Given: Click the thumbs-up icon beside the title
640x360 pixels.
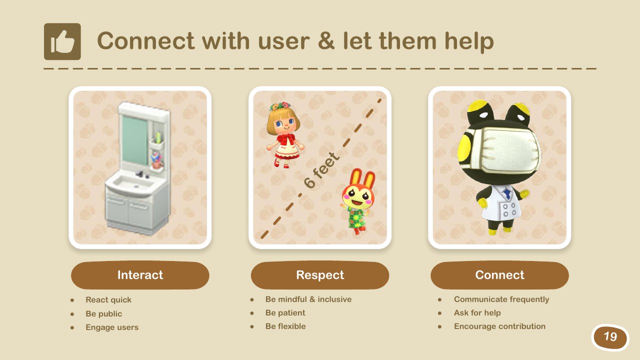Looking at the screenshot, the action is pyautogui.click(x=62, y=41).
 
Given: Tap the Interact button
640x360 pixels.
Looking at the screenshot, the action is pyautogui.click(x=140, y=275).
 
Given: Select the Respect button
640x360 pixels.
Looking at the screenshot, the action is pyautogui.click(x=320, y=275).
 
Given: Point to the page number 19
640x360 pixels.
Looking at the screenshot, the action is pyautogui.click(x=610, y=337).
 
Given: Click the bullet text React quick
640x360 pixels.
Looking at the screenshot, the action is pyautogui.click(x=108, y=299).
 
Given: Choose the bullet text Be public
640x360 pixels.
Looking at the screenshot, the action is pyautogui.click(x=103, y=313).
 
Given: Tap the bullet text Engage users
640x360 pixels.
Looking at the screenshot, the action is pyautogui.click(x=112, y=327).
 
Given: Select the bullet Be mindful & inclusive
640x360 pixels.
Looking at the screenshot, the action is pyautogui.click(x=308, y=299).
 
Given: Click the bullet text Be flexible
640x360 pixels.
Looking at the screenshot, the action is pyautogui.click(x=285, y=326).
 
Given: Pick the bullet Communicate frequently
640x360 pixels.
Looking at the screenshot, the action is pyautogui.click(x=501, y=299).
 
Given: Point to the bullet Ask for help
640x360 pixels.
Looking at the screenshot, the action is pyautogui.click(x=477, y=313).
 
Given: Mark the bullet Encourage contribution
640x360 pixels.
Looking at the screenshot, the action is pyautogui.click(x=499, y=326).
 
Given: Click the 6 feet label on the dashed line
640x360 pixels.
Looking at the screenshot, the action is pyautogui.click(x=321, y=170).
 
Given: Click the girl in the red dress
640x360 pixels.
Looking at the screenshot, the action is pyautogui.click(x=285, y=135).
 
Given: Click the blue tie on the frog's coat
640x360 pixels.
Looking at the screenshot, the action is pyautogui.click(x=507, y=193).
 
